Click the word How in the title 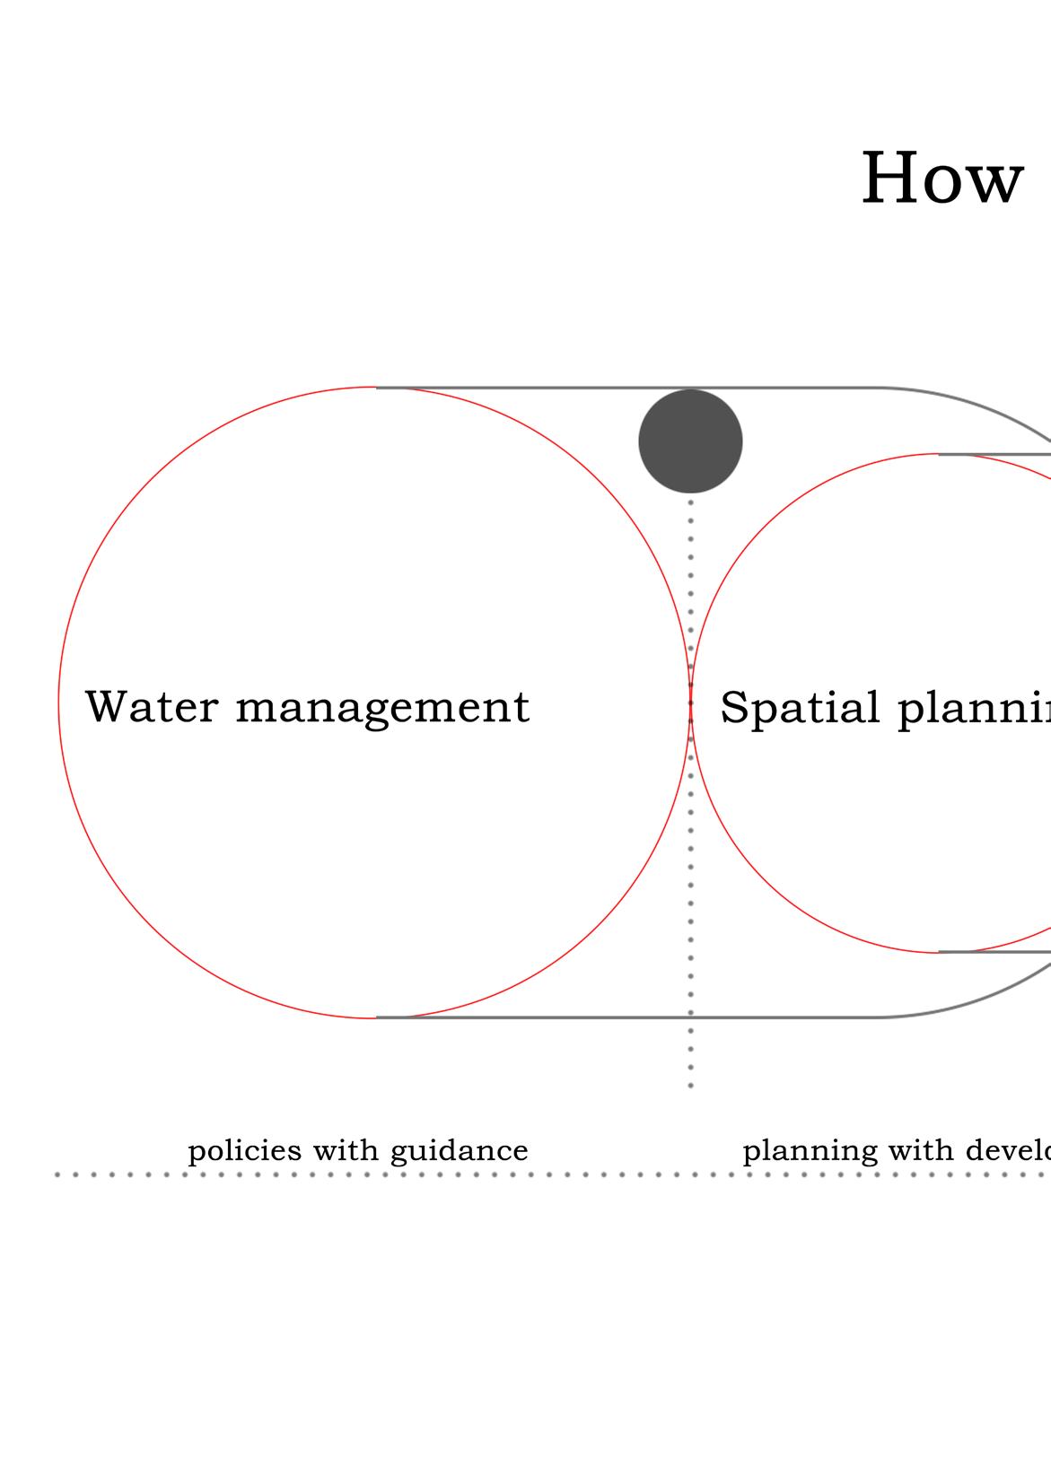pyautogui.click(x=942, y=179)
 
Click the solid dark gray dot pyautogui.click(x=690, y=441)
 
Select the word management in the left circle pyautogui.click(x=382, y=709)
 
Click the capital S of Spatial pyautogui.click(x=734, y=707)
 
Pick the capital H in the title pyautogui.click(x=890, y=179)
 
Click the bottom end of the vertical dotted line pyautogui.click(x=690, y=1087)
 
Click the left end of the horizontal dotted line pyautogui.click(x=57, y=1174)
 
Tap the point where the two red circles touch pyautogui.click(x=689, y=703)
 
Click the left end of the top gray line pyautogui.click(x=378, y=388)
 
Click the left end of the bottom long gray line pyautogui.click(x=378, y=1017)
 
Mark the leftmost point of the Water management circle pyautogui.click(x=59, y=703)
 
